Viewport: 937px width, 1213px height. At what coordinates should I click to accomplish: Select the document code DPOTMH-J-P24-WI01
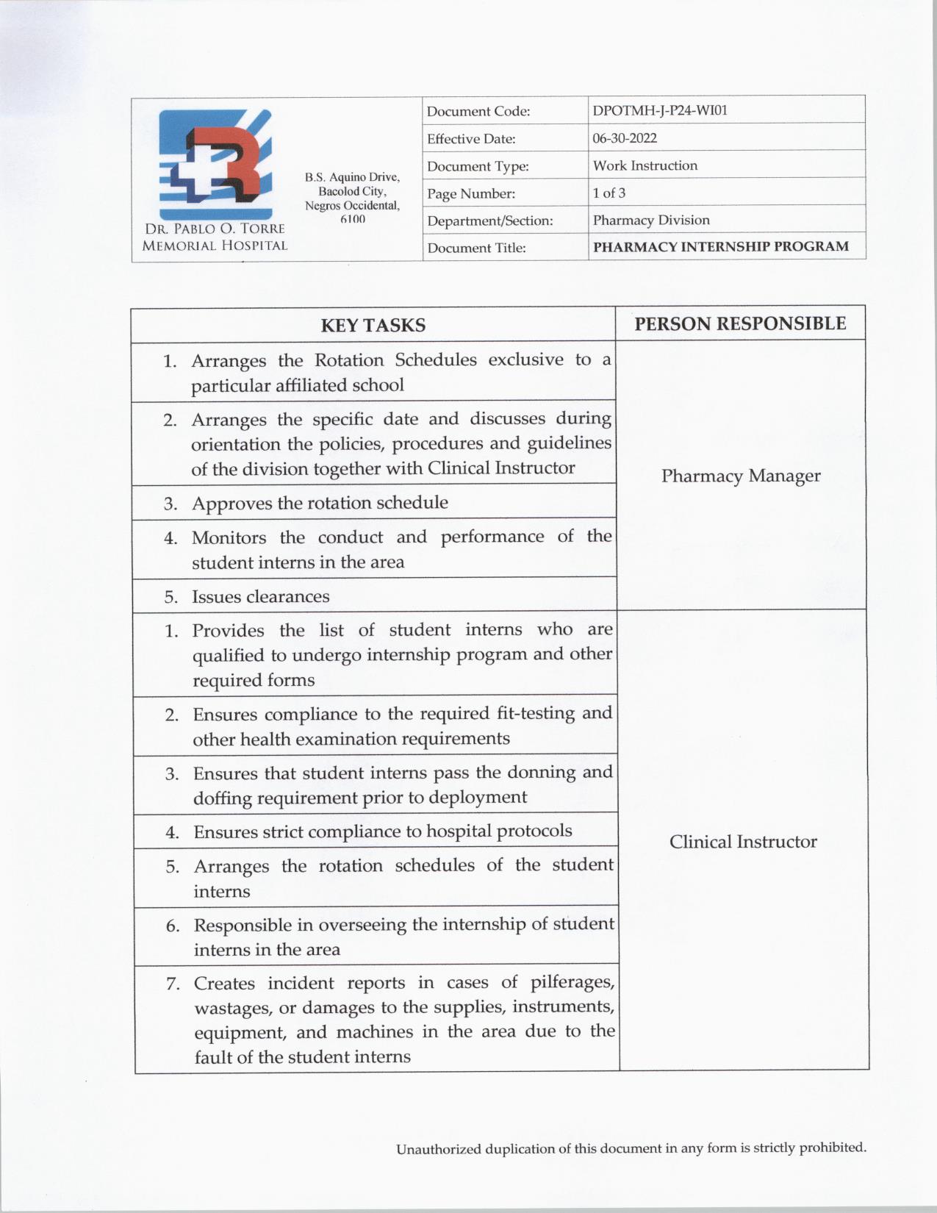(660, 111)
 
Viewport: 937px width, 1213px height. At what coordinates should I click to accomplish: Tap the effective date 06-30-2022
(625, 138)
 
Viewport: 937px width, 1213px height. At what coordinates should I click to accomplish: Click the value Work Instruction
(645, 165)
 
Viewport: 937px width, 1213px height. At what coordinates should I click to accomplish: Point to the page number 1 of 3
(609, 193)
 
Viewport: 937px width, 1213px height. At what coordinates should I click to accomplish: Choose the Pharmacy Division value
(651, 220)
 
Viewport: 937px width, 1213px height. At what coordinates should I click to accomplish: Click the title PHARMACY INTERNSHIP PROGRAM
(720, 247)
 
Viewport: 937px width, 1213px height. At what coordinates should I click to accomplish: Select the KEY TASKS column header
(373, 325)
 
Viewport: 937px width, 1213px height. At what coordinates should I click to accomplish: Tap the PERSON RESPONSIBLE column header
(740, 323)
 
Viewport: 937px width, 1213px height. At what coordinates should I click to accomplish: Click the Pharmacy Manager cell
(740, 476)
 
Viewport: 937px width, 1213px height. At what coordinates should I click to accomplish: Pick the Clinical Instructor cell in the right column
(743, 842)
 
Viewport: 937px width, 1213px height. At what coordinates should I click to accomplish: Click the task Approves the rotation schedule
(320, 503)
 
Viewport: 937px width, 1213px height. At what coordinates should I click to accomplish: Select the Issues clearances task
(260, 596)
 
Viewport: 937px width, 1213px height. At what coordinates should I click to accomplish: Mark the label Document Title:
(476, 248)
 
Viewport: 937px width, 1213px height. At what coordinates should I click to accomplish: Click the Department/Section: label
(489, 221)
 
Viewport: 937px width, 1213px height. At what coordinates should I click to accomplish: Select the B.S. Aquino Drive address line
(352, 177)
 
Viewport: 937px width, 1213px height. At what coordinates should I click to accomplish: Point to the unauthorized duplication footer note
(631, 1148)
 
